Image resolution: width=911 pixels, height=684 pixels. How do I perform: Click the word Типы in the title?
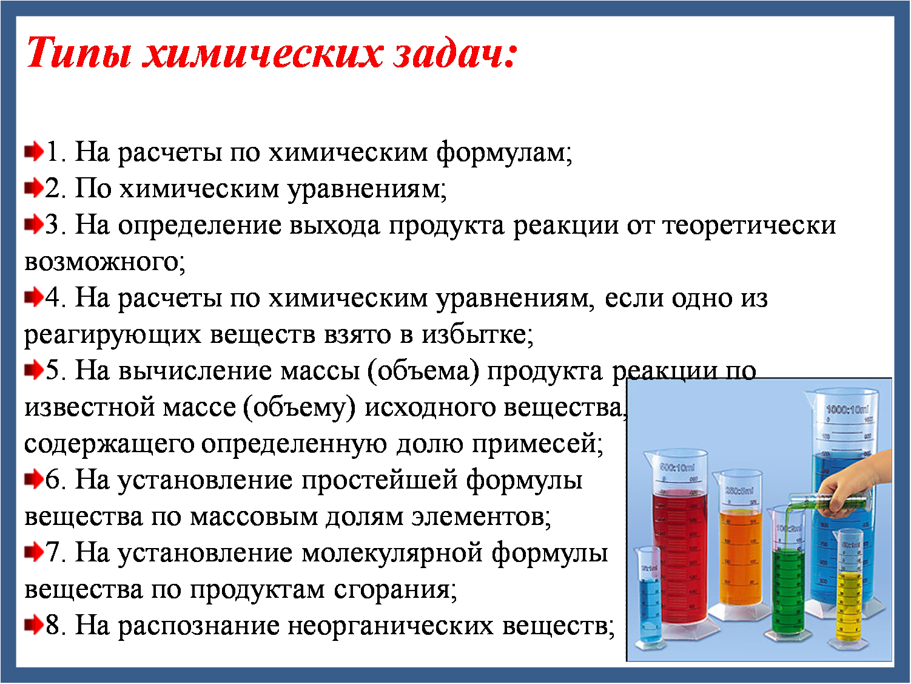point(79,53)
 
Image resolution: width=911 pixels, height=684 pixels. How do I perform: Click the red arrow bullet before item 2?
point(33,188)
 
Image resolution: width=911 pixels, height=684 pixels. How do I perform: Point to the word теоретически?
point(750,225)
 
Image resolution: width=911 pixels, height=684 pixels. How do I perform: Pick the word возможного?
point(104,262)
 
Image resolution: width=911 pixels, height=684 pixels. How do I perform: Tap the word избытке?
point(478,334)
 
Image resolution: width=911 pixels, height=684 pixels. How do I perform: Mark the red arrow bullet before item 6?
point(33,479)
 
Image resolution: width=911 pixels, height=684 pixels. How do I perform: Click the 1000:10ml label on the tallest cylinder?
point(847,410)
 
